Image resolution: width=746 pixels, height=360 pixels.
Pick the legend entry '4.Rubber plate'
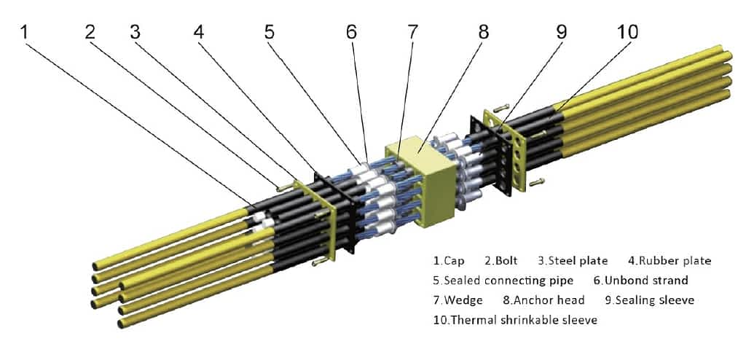point(670,260)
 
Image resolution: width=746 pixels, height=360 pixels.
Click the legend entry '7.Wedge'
point(457,300)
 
